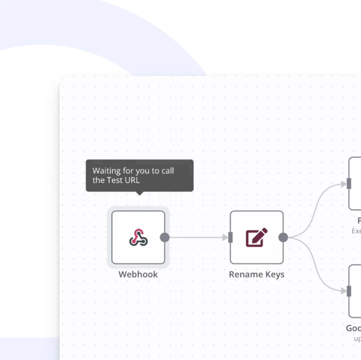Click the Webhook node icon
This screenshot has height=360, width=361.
point(138,237)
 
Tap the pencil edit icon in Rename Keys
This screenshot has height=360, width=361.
point(257,237)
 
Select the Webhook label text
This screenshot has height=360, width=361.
point(138,275)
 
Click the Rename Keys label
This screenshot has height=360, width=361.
point(257,275)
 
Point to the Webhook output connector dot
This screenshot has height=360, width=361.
point(165,237)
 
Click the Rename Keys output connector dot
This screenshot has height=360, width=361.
point(283,237)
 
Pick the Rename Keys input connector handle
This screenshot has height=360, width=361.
point(230,237)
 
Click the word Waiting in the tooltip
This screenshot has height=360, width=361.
point(106,171)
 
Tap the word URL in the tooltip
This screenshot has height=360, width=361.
point(132,180)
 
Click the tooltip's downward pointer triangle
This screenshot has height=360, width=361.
point(140,193)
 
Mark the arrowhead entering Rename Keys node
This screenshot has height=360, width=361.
point(225,237)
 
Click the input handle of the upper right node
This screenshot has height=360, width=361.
point(349,184)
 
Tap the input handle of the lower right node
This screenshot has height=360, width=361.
point(349,291)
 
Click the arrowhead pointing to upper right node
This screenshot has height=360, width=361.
point(344,184)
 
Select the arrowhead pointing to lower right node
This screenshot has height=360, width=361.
point(344,291)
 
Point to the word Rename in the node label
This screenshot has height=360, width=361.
point(244,275)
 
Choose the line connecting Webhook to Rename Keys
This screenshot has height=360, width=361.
point(195,237)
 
